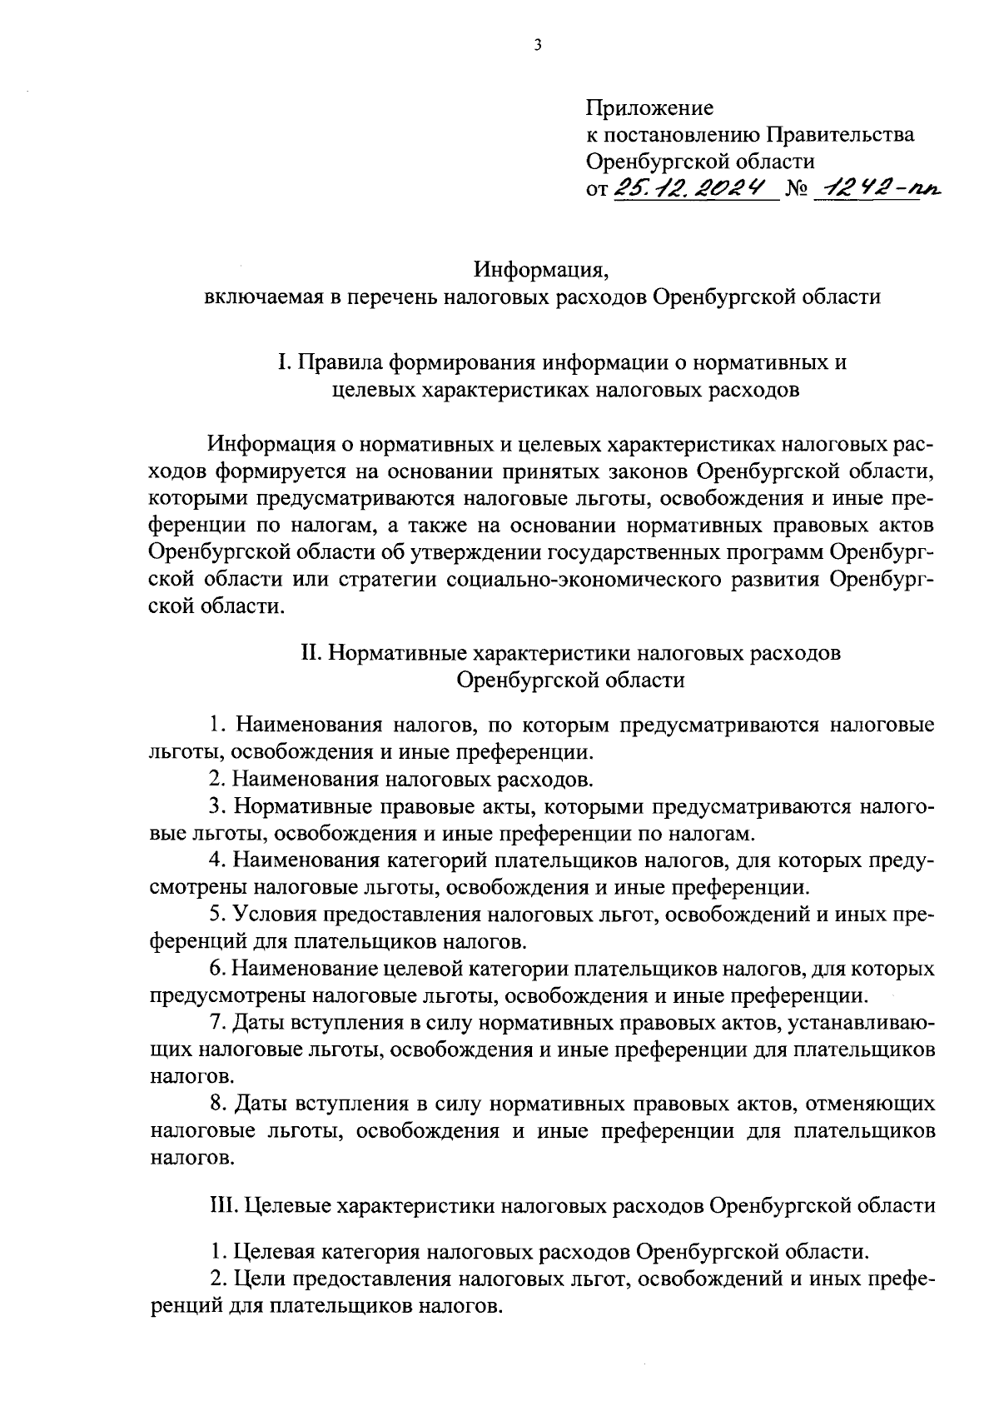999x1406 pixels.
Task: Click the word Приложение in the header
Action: coord(650,107)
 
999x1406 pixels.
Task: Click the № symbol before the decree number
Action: coord(798,190)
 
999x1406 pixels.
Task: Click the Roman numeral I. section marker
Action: coord(285,363)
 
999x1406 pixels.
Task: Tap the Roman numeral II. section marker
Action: coord(311,653)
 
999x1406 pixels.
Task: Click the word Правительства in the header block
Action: coord(840,134)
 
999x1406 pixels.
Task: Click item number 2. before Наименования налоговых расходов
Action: coord(218,780)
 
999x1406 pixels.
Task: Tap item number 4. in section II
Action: coord(218,860)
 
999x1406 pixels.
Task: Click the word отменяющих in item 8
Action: coord(871,1104)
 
